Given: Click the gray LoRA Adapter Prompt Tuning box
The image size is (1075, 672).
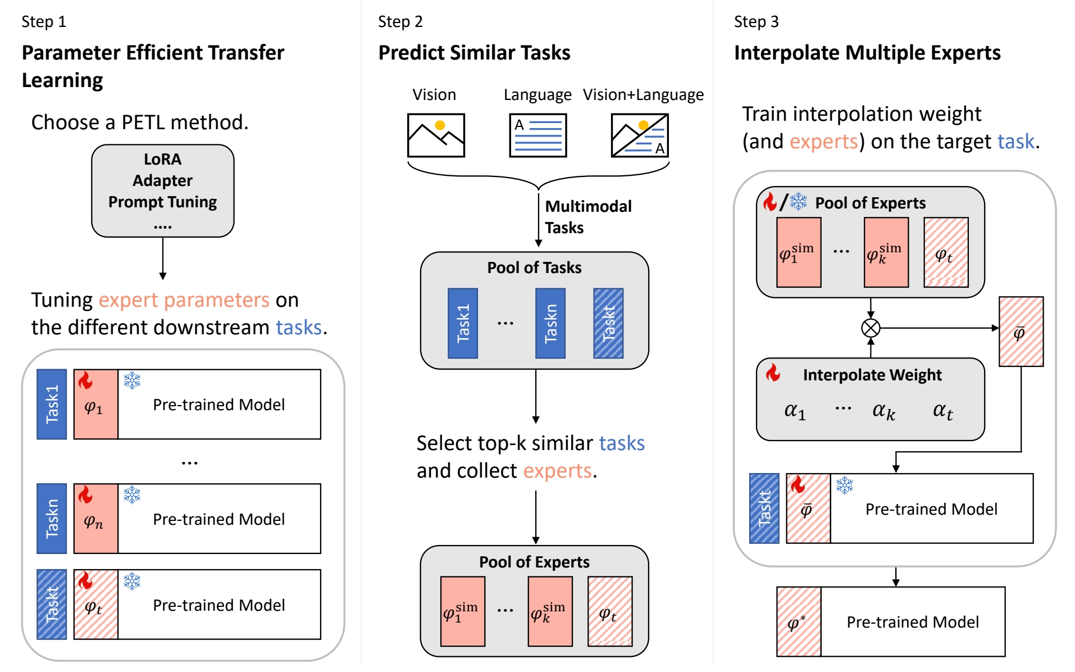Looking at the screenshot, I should pyautogui.click(x=162, y=190).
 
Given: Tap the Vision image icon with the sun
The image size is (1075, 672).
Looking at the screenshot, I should pyautogui.click(x=436, y=135).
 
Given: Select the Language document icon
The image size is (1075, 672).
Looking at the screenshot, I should pyautogui.click(x=537, y=135).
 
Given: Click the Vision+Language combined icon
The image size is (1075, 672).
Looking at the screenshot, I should pyautogui.click(x=640, y=135).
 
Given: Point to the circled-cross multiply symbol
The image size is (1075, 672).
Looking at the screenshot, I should pyautogui.click(x=871, y=328).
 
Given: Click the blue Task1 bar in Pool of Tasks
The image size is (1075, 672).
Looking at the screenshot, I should pyautogui.click(x=462, y=323).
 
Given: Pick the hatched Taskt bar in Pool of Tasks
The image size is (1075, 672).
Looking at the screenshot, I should pyautogui.click(x=608, y=323).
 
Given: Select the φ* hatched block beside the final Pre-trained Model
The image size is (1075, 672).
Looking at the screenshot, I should pyautogui.click(x=799, y=621).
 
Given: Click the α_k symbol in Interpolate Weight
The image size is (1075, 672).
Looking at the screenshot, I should pyautogui.click(x=883, y=411).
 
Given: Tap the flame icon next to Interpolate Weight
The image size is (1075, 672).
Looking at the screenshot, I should pyautogui.click(x=773, y=373).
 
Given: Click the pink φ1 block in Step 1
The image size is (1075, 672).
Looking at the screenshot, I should pyautogui.click(x=95, y=405).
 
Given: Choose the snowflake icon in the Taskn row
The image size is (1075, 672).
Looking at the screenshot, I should pyautogui.click(x=132, y=495).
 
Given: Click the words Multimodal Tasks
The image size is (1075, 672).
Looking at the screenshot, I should pyautogui.click(x=587, y=217).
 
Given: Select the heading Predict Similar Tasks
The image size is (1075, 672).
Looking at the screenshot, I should pyautogui.click(x=474, y=53).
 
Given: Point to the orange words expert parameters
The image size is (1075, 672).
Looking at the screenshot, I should pyautogui.click(x=184, y=300).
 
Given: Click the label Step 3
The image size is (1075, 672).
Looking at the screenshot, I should pyautogui.click(x=756, y=22).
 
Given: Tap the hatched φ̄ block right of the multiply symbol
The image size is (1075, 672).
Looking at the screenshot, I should pyautogui.click(x=1021, y=332).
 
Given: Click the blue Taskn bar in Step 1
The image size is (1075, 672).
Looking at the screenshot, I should pyautogui.click(x=52, y=519).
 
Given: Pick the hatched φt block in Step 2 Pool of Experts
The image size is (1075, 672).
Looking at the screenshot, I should pyautogui.click(x=609, y=611).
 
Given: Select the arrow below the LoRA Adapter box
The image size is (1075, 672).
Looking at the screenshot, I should pyautogui.click(x=163, y=258).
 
